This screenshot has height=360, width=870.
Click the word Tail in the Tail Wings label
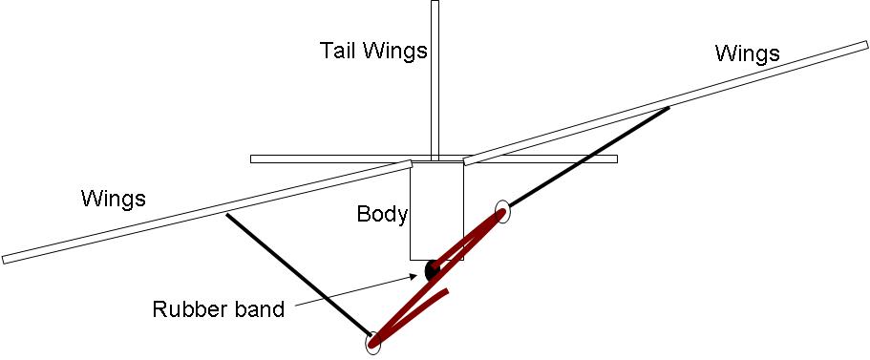[339, 51]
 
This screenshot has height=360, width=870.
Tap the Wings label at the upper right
[747, 53]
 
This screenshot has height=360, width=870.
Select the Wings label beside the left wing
[114, 199]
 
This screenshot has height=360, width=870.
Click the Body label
[382, 214]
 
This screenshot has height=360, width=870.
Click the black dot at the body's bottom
[432, 270]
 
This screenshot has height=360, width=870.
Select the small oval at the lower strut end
[372, 343]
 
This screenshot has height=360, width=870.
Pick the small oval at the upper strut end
[502, 212]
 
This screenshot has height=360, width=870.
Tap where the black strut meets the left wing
[226, 215]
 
